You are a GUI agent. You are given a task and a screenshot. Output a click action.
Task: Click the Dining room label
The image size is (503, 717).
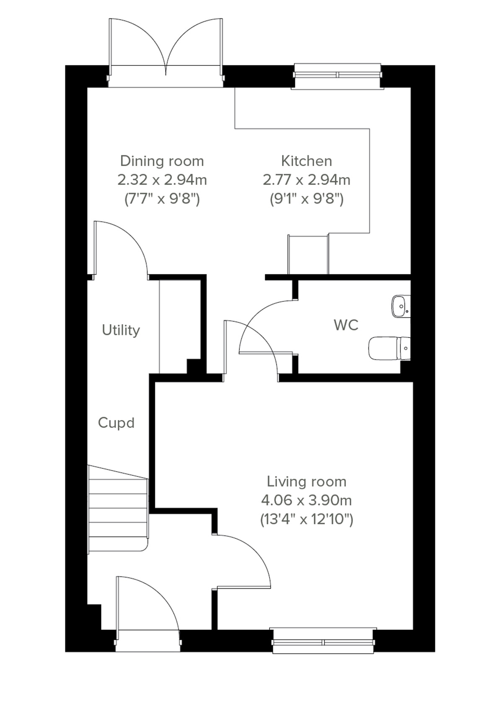pos(162,161)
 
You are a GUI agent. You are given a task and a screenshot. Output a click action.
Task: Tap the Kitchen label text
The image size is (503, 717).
pos(306,161)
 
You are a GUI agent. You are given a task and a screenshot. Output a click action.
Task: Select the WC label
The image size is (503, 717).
pos(346,325)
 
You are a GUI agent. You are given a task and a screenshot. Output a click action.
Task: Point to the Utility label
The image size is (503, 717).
pos(121,330)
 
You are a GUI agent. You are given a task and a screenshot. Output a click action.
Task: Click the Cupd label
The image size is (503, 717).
pos(116,423)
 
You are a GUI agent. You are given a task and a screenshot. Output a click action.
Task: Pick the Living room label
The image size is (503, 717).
pos(306,482)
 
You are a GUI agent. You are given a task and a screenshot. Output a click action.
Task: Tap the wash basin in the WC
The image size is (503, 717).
pos(401,307)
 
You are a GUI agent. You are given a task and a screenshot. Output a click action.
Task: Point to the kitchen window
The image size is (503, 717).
pos(338,75)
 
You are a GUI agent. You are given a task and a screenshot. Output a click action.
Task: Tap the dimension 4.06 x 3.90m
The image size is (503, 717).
pos(306,501)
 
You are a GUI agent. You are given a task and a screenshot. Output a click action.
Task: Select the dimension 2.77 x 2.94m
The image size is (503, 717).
pos(306,180)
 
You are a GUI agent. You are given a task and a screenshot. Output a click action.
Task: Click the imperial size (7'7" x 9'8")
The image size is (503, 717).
pos(162,199)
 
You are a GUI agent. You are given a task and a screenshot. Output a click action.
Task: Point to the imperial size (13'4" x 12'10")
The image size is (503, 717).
pos(306,520)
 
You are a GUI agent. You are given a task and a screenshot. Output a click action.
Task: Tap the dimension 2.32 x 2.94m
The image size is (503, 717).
pos(162,180)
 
